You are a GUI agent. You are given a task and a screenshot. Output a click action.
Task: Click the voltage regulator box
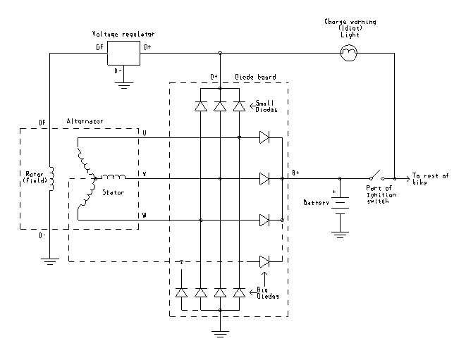coord(123,53)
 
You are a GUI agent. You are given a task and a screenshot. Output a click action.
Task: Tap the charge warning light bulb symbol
coord(348,53)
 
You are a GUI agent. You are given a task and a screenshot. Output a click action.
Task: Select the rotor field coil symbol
coord(51,178)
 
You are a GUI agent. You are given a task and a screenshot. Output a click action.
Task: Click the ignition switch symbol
coord(376,175)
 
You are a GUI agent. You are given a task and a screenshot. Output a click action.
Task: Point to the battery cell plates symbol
coord(340,206)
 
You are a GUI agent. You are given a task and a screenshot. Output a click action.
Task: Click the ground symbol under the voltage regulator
coord(123,86)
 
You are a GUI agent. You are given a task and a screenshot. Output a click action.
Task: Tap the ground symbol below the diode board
coord(220,333)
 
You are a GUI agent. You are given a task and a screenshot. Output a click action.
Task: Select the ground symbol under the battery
coord(340,235)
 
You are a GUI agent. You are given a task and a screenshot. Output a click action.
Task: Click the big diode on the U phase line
coord(264,137)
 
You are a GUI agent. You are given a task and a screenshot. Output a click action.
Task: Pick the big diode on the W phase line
coord(264,220)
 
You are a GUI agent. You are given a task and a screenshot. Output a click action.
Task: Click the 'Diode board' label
coord(255,77)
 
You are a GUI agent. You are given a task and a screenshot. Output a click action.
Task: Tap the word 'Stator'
coord(113,192)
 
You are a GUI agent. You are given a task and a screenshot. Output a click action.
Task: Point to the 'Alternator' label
coord(85,121)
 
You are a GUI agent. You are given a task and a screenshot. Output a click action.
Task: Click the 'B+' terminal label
coord(295,173)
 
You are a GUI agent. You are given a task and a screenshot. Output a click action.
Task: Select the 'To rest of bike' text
coord(430,179)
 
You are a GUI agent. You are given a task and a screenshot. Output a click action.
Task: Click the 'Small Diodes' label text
coord(266,106)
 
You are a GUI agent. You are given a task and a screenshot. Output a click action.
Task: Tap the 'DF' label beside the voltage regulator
coord(99,47)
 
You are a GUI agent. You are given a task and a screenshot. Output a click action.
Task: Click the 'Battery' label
coord(317,203)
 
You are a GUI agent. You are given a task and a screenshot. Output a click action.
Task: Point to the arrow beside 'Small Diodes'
coord(252,104)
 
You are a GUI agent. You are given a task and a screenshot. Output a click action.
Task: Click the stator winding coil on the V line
coord(114,177)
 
